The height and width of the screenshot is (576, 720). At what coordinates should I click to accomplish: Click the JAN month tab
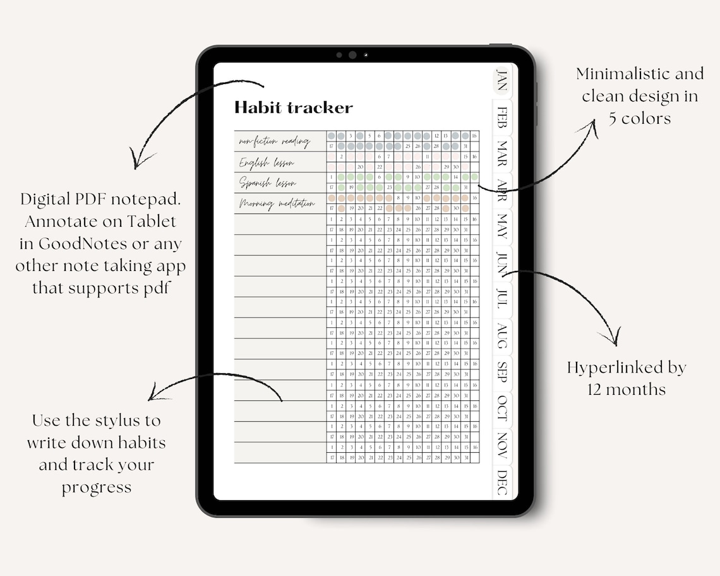(501, 80)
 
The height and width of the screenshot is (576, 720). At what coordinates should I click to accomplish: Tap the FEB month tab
(502, 117)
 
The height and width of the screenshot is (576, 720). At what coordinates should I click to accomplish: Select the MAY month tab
(502, 226)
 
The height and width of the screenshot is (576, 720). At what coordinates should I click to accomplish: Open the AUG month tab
(502, 335)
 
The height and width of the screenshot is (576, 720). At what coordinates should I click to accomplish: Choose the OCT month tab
(502, 407)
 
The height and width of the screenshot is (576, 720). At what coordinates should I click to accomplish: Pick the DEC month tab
(502, 481)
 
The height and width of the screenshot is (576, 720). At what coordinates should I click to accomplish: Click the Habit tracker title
(293, 108)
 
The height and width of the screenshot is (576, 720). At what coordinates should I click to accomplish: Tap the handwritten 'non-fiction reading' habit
(273, 141)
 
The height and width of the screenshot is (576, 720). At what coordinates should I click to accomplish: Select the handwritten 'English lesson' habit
(266, 163)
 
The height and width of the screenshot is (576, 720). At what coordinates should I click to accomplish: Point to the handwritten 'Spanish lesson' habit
(267, 184)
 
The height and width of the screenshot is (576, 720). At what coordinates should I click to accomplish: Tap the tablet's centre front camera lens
(352, 55)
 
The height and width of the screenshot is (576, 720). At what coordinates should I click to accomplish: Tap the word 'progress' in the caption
(96, 488)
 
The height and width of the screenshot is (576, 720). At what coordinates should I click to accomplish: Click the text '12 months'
(626, 390)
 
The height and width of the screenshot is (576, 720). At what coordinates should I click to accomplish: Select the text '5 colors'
(639, 118)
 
